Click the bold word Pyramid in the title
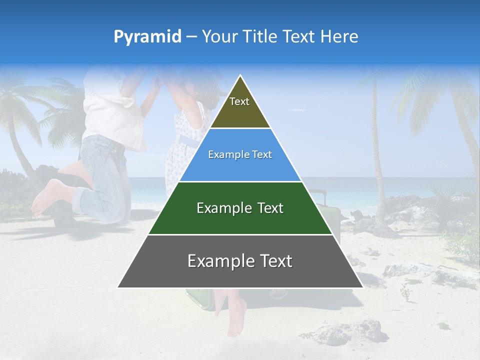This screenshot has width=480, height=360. pyautogui.click(x=147, y=37)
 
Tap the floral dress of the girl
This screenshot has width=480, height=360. pyautogui.click(x=182, y=150)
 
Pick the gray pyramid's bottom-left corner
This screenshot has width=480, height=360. pyautogui.click(x=118, y=287)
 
